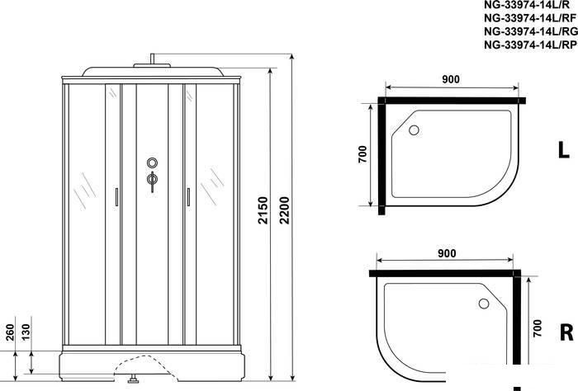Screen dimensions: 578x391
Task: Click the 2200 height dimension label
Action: pyautogui.click(x=284, y=210)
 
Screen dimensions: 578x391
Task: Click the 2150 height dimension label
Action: pyautogui.click(x=263, y=210)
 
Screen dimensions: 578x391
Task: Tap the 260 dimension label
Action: pyautogui.click(x=10, y=332)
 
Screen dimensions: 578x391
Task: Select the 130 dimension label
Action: pyautogui.click(x=26, y=332)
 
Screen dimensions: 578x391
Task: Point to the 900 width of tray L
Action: pyautogui.click(x=451, y=79)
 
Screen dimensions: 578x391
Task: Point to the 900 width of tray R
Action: pyautogui.click(x=447, y=253)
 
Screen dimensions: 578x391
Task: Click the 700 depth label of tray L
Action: pyautogui.click(x=362, y=154)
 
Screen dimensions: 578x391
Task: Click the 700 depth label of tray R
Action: pyautogui.click(x=538, y=328)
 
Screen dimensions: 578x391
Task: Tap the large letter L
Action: pyautogui.click(x=564, y=150)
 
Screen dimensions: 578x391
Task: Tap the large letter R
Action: pyautogui.click(x=566, y=332)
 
